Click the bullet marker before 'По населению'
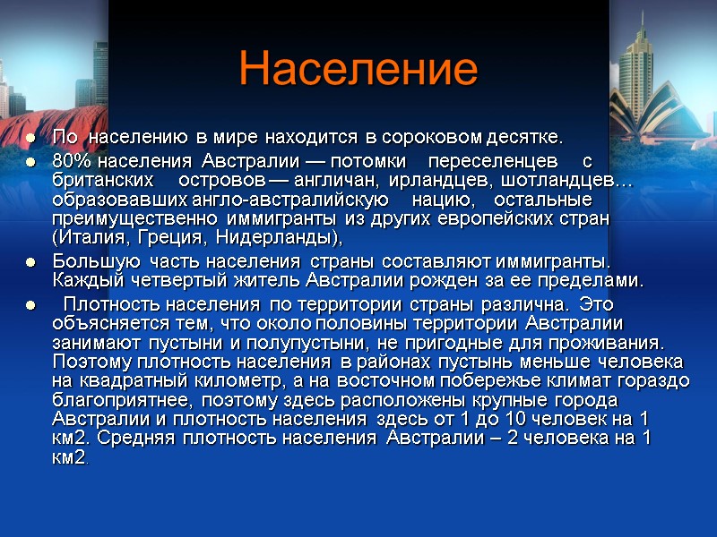coord(30,139)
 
